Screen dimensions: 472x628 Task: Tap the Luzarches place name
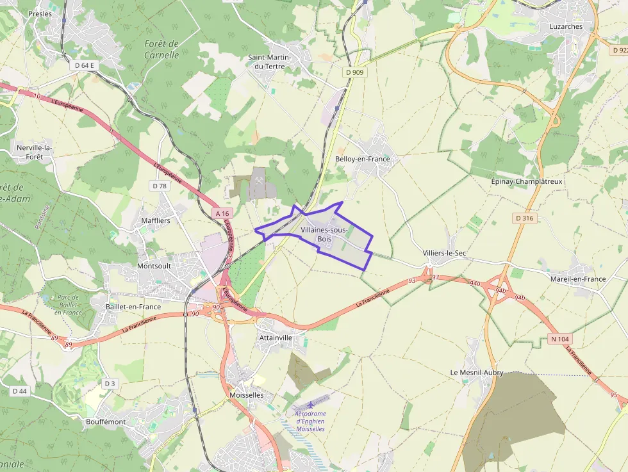pyautogui.click(x=566, y=26)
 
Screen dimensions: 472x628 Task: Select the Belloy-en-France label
pyautogui.click(x=362, y=159)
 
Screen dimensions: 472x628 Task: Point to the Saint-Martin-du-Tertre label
pyautogui.click(x=270, y=61)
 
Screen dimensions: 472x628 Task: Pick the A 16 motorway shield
pyautogui.click(x=222, y=213)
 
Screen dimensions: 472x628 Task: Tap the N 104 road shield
pyautogui.click(x=560, y=339)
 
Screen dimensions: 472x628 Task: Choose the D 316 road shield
pyautogui.click(x=524, y=218)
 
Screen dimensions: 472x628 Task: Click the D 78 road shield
pyautogui.click(x=160, y=186)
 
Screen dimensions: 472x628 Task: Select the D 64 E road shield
pyautogui.click(x=84, y=65)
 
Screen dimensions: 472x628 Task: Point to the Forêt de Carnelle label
pyautogui.click(x=161, y=49)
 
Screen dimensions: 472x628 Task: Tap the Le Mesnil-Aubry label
pyautogui.click(x=476, y=372)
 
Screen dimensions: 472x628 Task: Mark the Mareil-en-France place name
pyautogui.click(x=578, y=279)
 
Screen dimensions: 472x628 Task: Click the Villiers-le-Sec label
pyautogui.click(x=444, y=254)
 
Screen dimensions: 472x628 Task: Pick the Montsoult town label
pyautogui.click(x=154, y=265)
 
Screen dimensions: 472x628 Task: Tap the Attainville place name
pyautogui.click(x=276, y=338)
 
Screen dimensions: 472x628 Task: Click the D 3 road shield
pyautogui.click(x=110, y=384)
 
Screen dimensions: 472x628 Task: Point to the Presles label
pyautogui.click(x=40, y=13)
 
